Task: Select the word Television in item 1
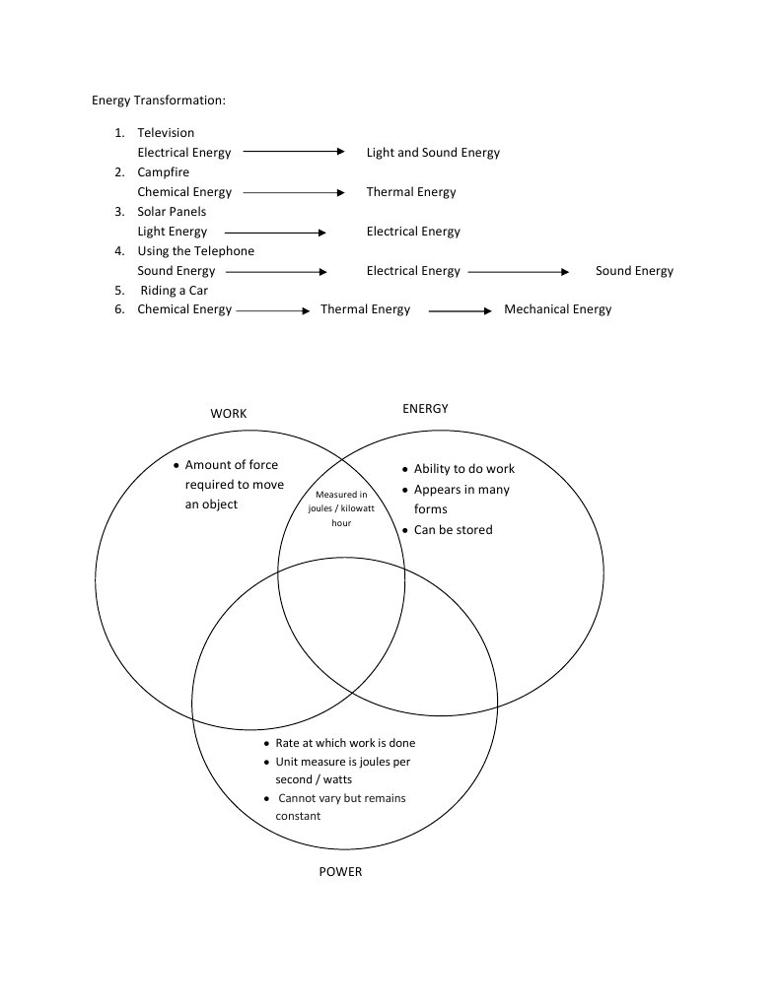(166, 133)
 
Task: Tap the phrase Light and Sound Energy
(433, 153)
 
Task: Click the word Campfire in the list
(163, 172)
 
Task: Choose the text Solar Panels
(172, 212)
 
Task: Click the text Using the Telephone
(195, 251)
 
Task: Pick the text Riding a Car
(174, 291)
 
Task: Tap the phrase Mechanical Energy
(557, 309)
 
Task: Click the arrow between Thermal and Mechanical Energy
(460, 311)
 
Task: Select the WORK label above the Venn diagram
(229, 414)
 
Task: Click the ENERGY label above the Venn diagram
(425, 409)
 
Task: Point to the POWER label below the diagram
(340, 872)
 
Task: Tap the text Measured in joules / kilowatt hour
(341, 508)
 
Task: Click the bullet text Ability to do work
(463, 469)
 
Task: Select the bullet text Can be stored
(453, 530)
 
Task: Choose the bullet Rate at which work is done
(345, 743)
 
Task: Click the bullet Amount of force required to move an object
(234, 485)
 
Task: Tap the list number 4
(118, 251)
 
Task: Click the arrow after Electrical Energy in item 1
(294, 152)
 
